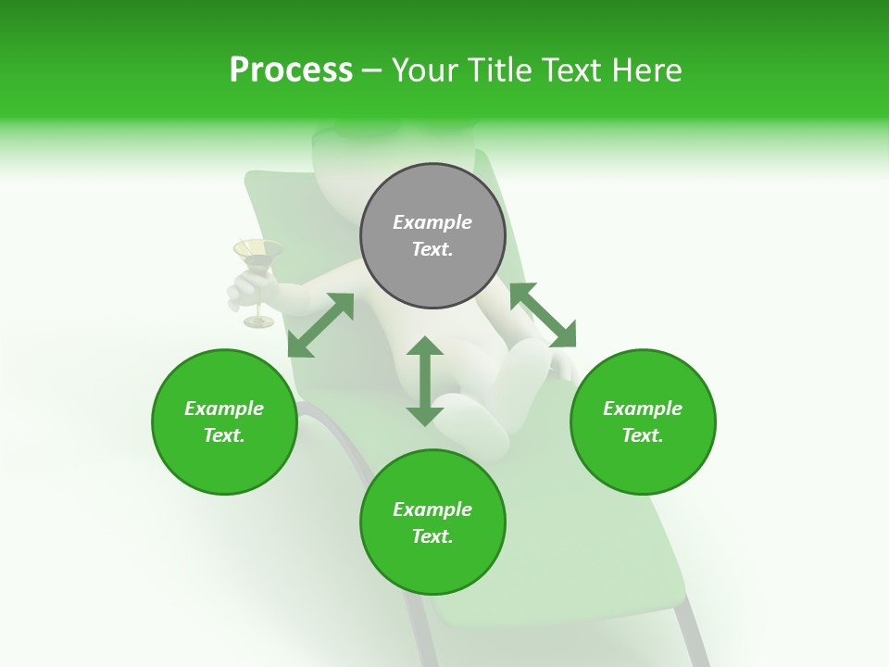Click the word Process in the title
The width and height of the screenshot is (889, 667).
click(291, 70)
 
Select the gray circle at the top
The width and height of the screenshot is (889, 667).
click(432, 236)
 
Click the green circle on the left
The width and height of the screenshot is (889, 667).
click(224, 422)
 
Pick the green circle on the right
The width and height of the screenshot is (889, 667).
click(643, 422)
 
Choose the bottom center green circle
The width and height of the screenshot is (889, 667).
click(432, 522)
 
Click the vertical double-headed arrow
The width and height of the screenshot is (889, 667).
click(425, 381)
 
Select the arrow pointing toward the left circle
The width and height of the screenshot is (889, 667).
click(320, 325)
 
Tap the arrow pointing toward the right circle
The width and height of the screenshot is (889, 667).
click(543, 315)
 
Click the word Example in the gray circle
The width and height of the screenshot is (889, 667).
click(432, 222)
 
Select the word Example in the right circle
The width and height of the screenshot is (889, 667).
click(643, 409)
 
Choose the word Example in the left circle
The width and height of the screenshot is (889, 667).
click(224, 409)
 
